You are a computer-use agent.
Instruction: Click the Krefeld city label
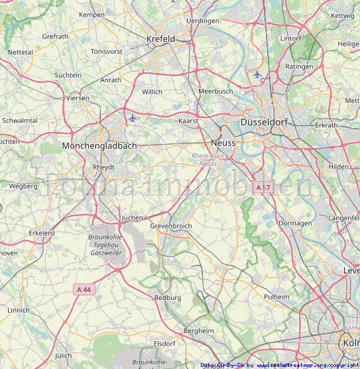pyautogui.click(x=160, y=39)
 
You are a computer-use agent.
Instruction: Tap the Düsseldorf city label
pyautogui.click(x=266, y=123)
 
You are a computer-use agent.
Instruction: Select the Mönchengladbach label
pyautogui.click(x=99, y=145)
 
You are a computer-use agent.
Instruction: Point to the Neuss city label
pyautogui.click(x=223, y=143)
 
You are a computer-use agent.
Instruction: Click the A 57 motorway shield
pyautogui.click(x=263, y=188)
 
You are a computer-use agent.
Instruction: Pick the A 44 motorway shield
pyautogui.click(x=84, y=289)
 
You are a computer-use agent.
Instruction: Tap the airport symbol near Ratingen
pyautogui.click(x=257, y=74)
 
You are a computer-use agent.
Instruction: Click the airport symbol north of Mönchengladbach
pyautogui.click(x=133, y=118)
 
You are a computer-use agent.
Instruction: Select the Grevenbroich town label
pyautogui.click(x=170, y=226)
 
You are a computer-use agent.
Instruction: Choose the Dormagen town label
pyautogui.click(x=295, y=223)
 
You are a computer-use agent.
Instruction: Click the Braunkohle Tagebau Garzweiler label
pyautogui.click(x=106, y=244)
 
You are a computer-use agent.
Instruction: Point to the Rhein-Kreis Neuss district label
pyautogui.click(x=208, y=159)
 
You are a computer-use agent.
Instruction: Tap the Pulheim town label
pyautogui.click(x=277, y=297)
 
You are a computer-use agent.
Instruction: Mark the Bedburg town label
pyautogui.click(x=167, y=298)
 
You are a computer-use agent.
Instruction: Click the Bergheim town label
pyautogui.click(x=198, y=331)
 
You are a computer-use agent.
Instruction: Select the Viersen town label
pyautogui.click(x=78, y=98)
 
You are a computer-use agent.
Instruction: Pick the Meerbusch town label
pyautogui.click(x=215, y=92)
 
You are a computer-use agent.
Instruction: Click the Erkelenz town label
pyautogui.click(x=42, y=233)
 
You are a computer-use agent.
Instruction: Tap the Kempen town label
pyautogui.click(x=91, y=15)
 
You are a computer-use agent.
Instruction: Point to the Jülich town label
pyautogui.click(x=64, y=356)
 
